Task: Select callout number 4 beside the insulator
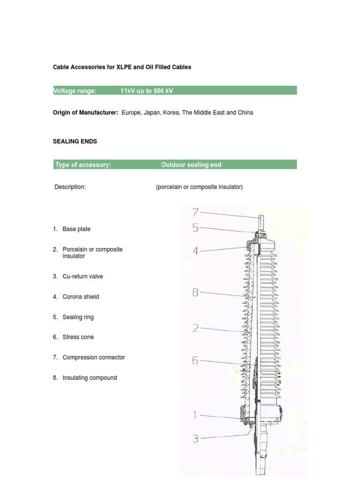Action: [x=196, y=251]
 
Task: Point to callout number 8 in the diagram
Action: [x=196, y=293]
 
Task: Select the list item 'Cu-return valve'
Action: [x=82, y=277]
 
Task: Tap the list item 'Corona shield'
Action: [x=81, y=297]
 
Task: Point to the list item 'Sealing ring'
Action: [x=78, y=317]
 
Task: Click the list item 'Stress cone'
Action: [x=78, y=337]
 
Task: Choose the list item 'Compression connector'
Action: [x=94, y=357]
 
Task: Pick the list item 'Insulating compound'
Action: [x=90, y=378]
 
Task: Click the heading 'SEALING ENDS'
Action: [x=75, y=141]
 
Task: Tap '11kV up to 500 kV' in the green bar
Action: [x=147, y=91]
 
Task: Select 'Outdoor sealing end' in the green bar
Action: [x=191, y=165]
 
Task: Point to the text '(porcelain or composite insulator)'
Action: [x=199, y=187]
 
